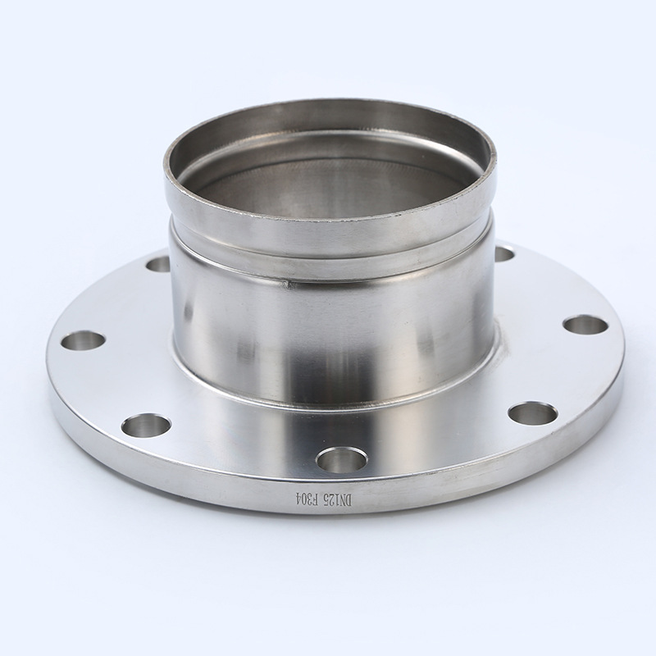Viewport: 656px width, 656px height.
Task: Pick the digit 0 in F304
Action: [x=304, y=499]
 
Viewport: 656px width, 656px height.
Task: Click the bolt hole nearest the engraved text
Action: [x=342, y=460]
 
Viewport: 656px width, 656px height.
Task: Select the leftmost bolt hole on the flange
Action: [x=83, y=340]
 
